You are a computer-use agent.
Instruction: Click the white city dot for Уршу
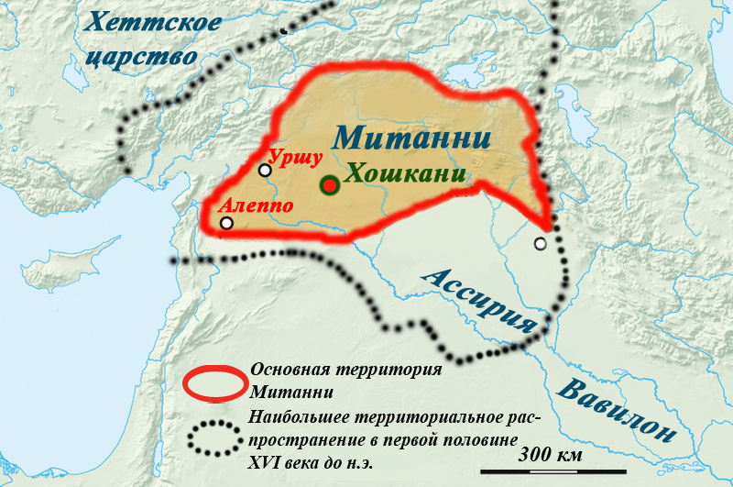tap(265, 170)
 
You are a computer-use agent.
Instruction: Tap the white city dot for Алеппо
tap(226, 222)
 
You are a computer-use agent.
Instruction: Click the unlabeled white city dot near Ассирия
tap(541, 243)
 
